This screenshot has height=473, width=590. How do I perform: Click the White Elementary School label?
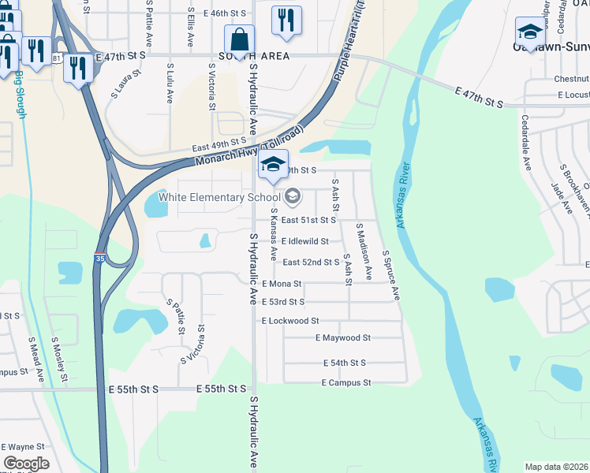coord(219,197)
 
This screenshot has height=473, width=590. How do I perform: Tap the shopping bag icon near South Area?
coord(238,39)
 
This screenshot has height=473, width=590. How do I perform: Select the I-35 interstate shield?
coord(99,259)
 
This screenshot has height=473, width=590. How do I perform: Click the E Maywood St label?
coord(342,338)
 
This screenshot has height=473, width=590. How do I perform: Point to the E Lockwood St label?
coord(290,321)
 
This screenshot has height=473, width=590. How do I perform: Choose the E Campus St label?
coord(346,383)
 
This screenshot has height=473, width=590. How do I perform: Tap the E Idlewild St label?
coord(304,241)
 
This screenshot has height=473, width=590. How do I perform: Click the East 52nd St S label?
coord(311,262)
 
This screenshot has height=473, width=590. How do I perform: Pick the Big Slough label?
coord(21,96)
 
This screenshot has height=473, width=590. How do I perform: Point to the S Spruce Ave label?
coord(391,275)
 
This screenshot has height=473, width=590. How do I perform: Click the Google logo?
coord(26,464)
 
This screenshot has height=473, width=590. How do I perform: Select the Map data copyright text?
coord(555,467)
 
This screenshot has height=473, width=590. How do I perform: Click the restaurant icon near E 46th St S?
coord(286,20)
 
